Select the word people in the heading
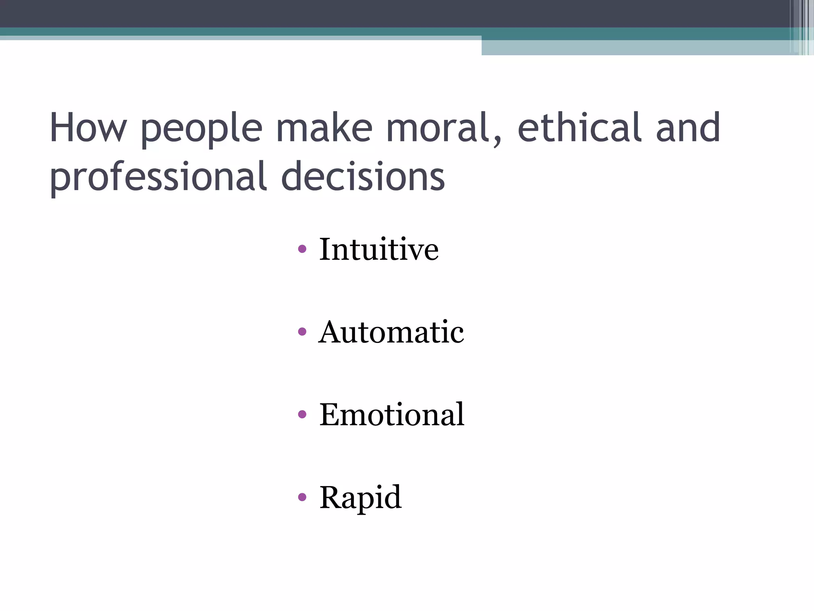202,129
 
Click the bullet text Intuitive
379,249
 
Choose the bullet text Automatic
391,332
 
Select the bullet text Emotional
391,414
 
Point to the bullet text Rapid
360,497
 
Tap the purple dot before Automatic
302,332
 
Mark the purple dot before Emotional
302,414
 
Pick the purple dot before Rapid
302,497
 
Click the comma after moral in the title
497,141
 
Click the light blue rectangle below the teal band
636,47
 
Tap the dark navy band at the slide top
358,13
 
